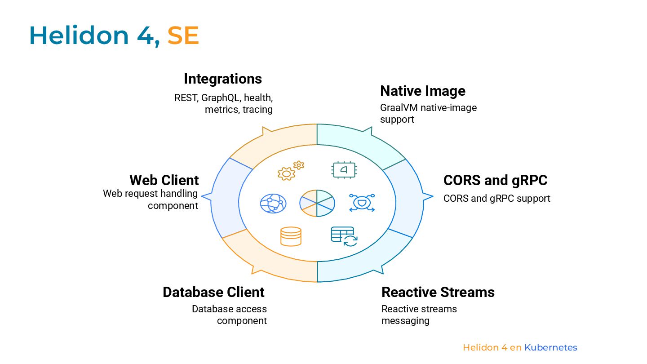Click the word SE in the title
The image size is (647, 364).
(183, 36)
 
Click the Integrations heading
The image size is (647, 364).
(223, 79)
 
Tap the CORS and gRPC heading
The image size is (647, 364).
(495, 180)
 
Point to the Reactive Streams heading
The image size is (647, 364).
(438, 292)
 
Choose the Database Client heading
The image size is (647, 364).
(213, 292)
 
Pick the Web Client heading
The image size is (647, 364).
(164, 180)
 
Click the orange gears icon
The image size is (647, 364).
(290, 170)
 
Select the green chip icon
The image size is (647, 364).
(343, 170)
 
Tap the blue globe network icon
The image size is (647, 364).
(273, 203)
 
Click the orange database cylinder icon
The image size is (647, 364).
(291, 236)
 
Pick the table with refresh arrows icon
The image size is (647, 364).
(344, 236)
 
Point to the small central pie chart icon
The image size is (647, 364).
(317, 203)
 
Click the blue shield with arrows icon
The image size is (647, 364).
(362, 203)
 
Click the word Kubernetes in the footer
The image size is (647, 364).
(550, 347)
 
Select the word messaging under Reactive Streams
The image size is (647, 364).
(405, 321)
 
